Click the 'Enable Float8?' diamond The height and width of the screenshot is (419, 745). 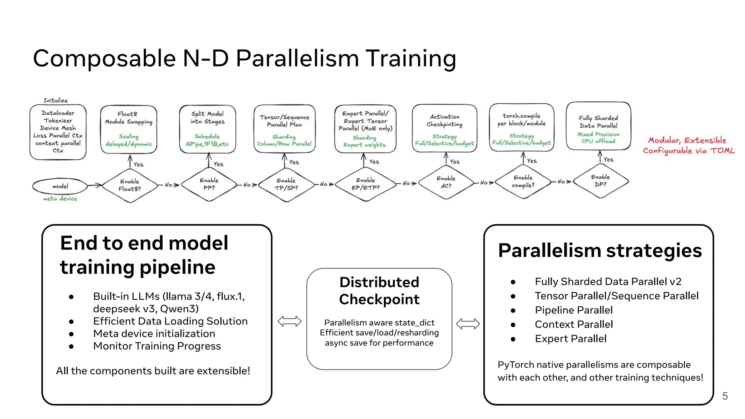[x=130, y=185]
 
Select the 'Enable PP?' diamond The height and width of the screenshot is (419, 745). [x=209, y=184]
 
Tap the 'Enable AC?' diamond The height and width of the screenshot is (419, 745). [x=446, y=182]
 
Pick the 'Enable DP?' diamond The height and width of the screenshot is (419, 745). [x=600, y=181]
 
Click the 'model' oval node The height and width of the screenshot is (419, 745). [x=60, y=186]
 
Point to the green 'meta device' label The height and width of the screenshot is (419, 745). [x=60, y=199]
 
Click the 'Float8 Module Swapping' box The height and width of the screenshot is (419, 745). [x=129, y=129]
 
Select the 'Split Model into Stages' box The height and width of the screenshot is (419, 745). [x=207, y=129]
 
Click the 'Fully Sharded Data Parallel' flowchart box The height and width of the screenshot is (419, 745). [x=598, y=126]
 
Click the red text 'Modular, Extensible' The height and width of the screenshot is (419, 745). [x=687, y=140]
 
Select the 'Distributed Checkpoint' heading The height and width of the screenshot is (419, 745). [x=379, y=291]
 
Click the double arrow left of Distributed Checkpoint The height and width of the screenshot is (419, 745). [x=289, y=321]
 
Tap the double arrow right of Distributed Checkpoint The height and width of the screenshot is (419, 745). [x=468, y=323]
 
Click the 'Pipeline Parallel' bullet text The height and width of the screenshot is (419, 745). [x=573, y=310]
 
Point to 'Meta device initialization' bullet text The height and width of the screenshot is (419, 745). [x=154, y=334]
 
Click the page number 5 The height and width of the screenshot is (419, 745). [x=725, y=396]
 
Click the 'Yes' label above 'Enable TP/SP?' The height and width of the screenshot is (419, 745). [x=294, y=162]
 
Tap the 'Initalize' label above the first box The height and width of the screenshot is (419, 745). [x=56, y=100]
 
